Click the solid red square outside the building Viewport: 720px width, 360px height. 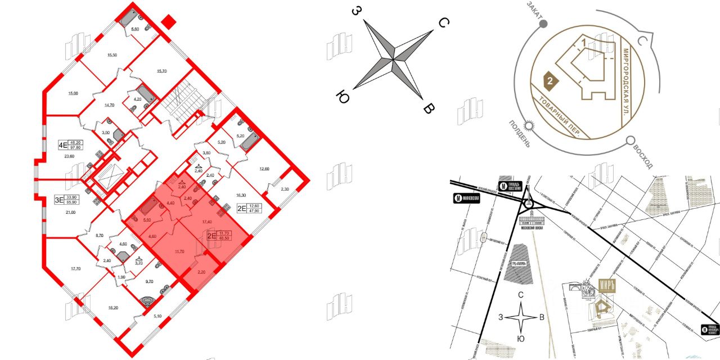pos(168,22)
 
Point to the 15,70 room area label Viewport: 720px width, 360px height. pos(162,71)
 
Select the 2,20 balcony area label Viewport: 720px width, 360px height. pos(201,272)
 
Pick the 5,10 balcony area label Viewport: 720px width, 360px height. pos(158,316)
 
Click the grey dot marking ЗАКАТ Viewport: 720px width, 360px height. pos(543,24)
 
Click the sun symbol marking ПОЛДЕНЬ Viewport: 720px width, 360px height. pos(529,125)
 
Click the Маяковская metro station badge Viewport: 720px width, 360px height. pos(466,198)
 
